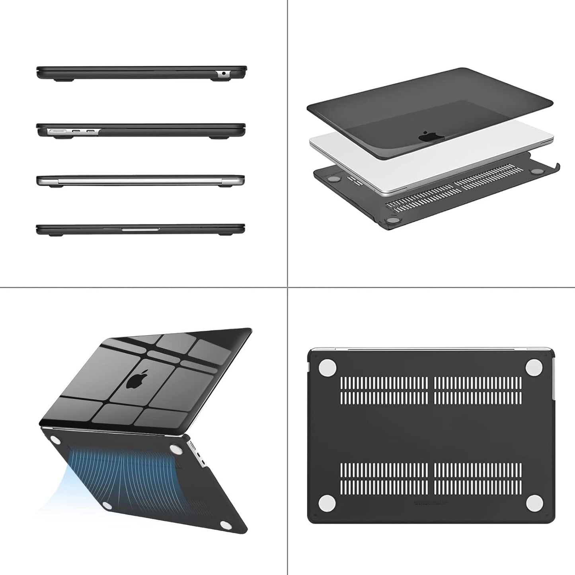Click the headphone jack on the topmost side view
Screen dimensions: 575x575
click(223, 73)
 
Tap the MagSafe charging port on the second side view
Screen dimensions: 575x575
click(57, 131)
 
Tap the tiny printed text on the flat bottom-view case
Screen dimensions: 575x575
click(431, 503)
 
